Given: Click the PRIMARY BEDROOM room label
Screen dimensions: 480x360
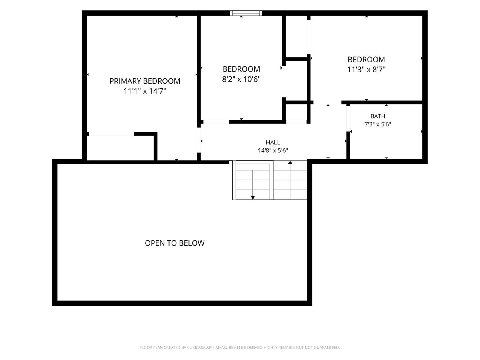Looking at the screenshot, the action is [145, 81].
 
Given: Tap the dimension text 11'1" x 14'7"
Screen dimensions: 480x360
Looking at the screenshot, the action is [145, 91].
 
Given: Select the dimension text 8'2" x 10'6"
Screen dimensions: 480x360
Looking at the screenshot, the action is [241, 79].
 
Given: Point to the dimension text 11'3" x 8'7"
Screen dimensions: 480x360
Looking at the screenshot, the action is [366, 69].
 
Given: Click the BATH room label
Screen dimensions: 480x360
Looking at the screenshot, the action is [378, 116].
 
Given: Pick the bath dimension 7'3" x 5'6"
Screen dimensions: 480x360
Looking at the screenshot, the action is [378, 124].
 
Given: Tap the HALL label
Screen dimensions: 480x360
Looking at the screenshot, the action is [273, 142].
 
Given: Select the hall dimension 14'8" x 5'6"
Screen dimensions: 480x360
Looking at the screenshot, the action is [273, 150].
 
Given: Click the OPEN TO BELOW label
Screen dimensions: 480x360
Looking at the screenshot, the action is [174, 243].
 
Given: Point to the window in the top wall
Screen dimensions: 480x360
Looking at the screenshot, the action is [246, 13].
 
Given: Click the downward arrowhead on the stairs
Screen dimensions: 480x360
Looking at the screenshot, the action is [253, 198].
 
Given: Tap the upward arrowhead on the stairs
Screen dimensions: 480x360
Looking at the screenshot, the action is [290, 162].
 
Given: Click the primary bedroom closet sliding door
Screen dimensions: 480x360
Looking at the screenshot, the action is [111, 134].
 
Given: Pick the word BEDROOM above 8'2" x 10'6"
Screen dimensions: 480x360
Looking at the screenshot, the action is [241, 69].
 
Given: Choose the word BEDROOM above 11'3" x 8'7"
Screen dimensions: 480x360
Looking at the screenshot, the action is [366, 60].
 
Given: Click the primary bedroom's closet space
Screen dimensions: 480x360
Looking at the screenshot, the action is [121, 148].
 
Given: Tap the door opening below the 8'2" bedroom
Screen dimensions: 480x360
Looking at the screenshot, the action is [216, 122].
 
